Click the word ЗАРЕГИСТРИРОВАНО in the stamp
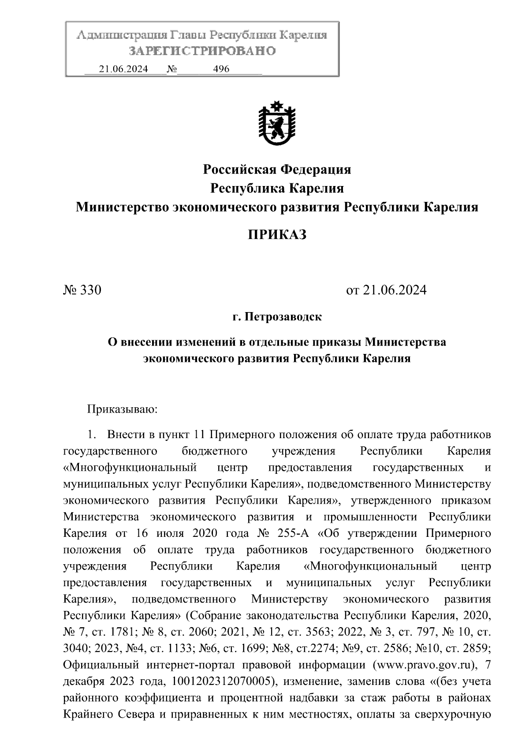(202, 51)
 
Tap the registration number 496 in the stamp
(221, 69)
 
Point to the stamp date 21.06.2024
(123, 69)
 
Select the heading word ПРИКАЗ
(277, 235)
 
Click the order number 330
(91, 290)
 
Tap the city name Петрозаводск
(283, 317)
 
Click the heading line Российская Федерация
(277, 169)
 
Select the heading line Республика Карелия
(277, 189)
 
